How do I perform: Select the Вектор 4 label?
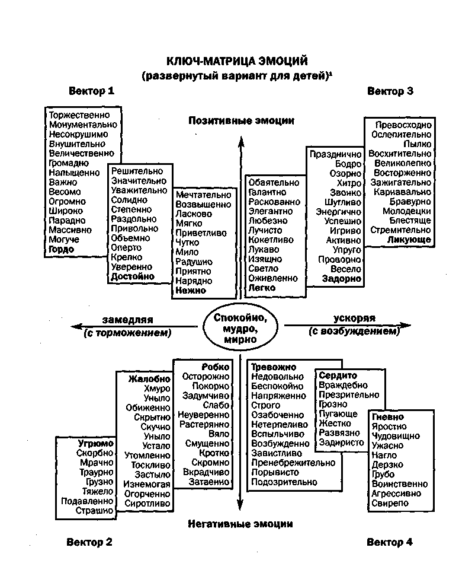[x=389, y=542]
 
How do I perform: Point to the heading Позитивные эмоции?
[x=241, y=120]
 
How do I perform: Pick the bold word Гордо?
[x=62, y=249]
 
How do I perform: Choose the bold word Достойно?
[x=133, y=276]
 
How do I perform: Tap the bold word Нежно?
[x=191, y=291]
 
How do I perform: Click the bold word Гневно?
[x=388, y=416]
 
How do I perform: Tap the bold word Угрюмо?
[x=95, y=443]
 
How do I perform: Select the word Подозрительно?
[x=284, y=482]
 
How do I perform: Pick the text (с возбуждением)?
[x=354, y=332]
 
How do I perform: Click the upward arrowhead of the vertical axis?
[x=240, y=141]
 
